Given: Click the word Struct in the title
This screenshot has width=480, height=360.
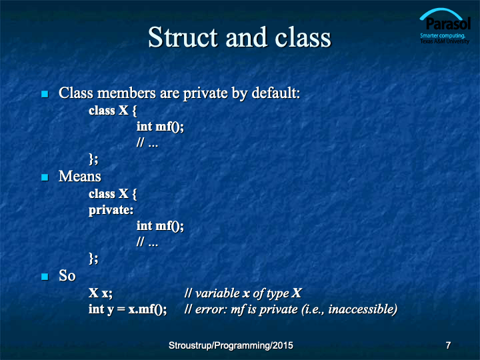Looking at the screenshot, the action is pos(183,37).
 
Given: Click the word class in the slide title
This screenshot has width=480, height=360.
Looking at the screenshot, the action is pos(303,37).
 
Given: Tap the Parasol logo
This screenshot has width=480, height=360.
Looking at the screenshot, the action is pos(445,26).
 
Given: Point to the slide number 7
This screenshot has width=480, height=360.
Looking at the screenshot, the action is pos(448,345).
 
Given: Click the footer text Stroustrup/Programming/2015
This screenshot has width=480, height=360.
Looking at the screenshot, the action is pos(231,345).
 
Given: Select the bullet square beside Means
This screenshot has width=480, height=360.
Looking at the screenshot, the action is pos(45,177).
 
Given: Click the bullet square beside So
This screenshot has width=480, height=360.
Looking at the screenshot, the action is pos(45,277).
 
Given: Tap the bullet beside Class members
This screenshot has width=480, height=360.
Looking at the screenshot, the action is pos(45,94).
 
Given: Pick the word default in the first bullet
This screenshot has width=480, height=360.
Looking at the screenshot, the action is pos(275,93).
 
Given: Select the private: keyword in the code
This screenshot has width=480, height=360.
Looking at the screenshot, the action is pos(111,210).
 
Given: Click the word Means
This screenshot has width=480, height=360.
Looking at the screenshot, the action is pos(79,176).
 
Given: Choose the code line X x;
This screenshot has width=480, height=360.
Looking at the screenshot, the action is pos(101,293).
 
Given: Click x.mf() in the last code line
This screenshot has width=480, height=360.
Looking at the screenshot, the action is pos(147,309).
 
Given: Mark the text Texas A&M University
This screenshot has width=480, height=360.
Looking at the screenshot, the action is pos(445,41).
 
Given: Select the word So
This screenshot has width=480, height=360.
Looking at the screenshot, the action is pos(67,275).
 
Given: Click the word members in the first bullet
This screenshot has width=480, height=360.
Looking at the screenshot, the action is pos(127,93).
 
